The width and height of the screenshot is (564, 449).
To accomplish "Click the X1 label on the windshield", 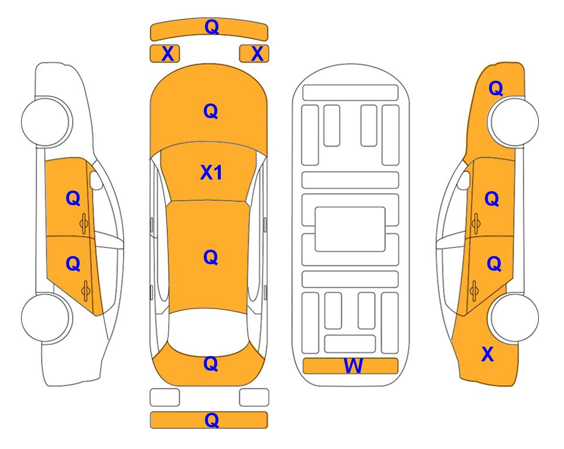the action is point(211,172).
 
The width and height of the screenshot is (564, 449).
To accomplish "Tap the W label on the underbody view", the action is point(353,366).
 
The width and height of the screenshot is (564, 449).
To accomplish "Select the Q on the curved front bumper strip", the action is point(211,27).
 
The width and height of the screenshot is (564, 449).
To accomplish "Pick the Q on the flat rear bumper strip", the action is point(211,420).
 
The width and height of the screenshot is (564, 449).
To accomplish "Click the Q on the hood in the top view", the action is point(211,111).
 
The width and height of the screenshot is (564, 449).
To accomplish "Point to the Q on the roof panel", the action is point(211,257).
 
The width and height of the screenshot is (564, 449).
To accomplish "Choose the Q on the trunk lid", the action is point(211,364).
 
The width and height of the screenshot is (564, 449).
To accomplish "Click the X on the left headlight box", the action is point(168,54).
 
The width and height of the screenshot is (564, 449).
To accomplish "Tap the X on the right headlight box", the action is point(257,54).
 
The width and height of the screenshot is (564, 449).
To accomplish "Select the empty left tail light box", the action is point(165,398).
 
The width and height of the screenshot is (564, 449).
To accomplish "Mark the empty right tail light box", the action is point(254,398).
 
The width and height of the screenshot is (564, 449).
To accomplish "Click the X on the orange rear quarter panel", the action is point(487,354).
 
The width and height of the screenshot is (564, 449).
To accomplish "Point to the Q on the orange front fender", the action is point(495,88).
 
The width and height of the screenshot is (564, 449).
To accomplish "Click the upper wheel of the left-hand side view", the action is point(46,122).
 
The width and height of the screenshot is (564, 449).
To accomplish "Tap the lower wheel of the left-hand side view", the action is point(46,317).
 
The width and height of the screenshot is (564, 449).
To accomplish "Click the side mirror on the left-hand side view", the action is point(96,180).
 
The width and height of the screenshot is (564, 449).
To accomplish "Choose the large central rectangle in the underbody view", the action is point(350,229).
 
